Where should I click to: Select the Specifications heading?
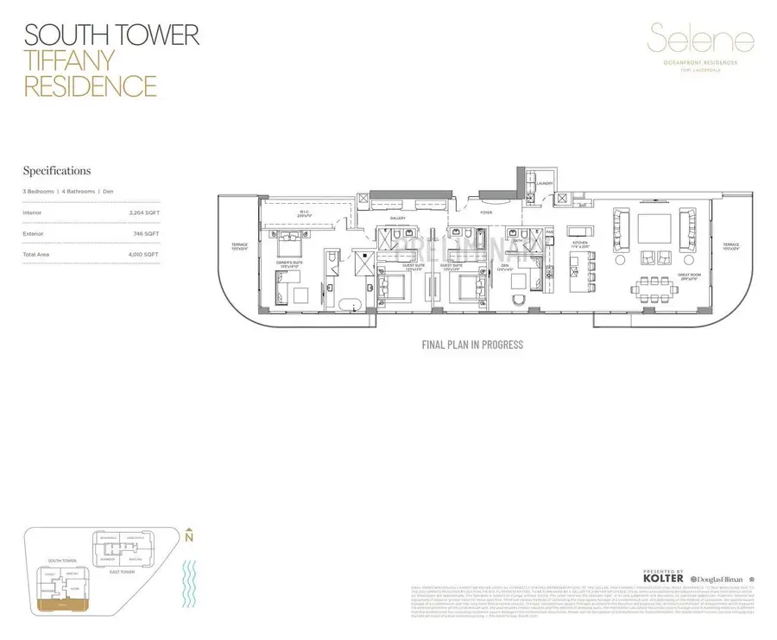point(56,171)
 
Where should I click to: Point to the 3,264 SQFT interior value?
point(142,212)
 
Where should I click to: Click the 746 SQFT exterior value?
point(146,233)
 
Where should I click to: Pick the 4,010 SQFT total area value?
point(142,255)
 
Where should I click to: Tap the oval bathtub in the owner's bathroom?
point(350,303)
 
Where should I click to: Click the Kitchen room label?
point(579,244)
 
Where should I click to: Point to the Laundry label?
point(544,183)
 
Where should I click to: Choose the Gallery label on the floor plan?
point(397,219)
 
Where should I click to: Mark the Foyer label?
point(487,211)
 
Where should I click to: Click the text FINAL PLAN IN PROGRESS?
point(471,345)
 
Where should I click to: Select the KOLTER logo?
point(664,577)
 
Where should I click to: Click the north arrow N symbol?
point(188,535)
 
